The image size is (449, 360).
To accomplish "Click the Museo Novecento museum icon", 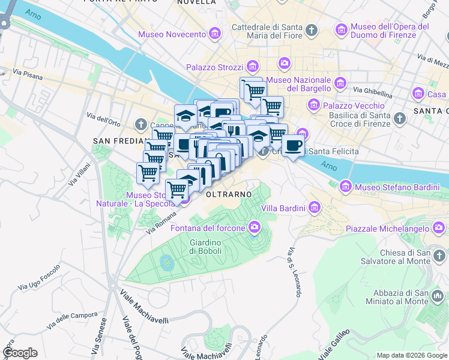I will pos(214,34).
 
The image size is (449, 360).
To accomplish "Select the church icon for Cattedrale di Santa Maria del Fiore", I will pos(311,29).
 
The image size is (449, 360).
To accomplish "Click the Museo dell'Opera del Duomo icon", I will pos(342,29).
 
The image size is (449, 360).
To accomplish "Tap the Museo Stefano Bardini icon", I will pos(345,187).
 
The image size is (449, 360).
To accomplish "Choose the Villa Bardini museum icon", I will pos(315,208).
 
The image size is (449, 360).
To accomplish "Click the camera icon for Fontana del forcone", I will pos(255,227).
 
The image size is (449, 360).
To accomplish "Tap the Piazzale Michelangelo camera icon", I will pos(439,228).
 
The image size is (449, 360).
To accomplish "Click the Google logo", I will pos(20,353).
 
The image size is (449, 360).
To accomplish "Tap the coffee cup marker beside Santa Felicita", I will pos(292,147).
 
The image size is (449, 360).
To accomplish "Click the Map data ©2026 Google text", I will pos(411,355).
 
